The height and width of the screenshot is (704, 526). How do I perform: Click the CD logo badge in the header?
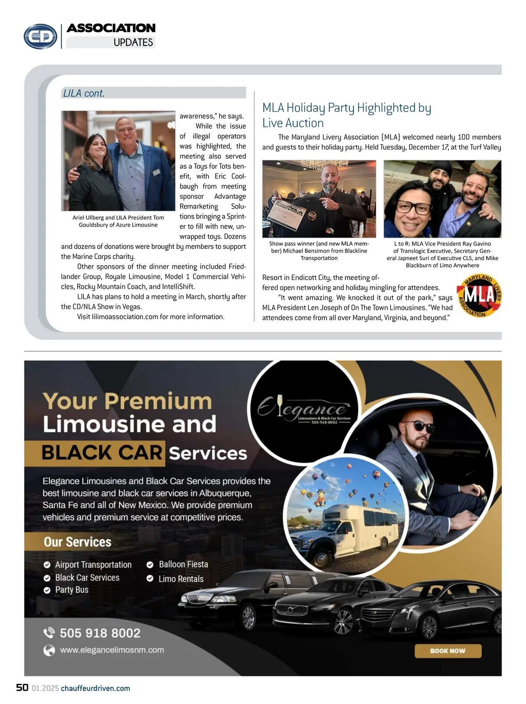point(40,36)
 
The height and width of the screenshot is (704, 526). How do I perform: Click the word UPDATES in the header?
point(133,43)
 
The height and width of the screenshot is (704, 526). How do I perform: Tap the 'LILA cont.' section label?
point(84,93)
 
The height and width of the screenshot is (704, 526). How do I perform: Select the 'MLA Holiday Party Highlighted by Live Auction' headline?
point(346,115)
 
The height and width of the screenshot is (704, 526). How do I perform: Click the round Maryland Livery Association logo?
point(479,296)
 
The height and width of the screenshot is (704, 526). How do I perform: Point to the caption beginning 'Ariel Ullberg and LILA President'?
point(118,221)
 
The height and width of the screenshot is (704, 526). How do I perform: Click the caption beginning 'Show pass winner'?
point(319,251)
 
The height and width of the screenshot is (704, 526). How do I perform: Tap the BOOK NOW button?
point(448,651)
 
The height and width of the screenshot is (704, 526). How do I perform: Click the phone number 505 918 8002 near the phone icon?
point(100,633)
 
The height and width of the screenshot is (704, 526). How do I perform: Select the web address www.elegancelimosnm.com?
point(112,650)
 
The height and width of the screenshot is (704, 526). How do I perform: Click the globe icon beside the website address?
point(49,650)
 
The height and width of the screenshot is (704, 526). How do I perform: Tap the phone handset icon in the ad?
point(48,633)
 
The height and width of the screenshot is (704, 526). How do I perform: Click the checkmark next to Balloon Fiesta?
point(150,565)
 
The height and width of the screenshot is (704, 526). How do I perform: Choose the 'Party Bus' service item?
point(71,590)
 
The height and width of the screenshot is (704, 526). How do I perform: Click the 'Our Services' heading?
point(78,542)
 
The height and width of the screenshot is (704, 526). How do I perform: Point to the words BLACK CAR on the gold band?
point(102,453)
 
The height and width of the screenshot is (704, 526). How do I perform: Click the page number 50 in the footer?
point(22,687)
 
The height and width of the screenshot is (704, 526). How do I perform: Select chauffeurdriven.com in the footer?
point(96,688)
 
